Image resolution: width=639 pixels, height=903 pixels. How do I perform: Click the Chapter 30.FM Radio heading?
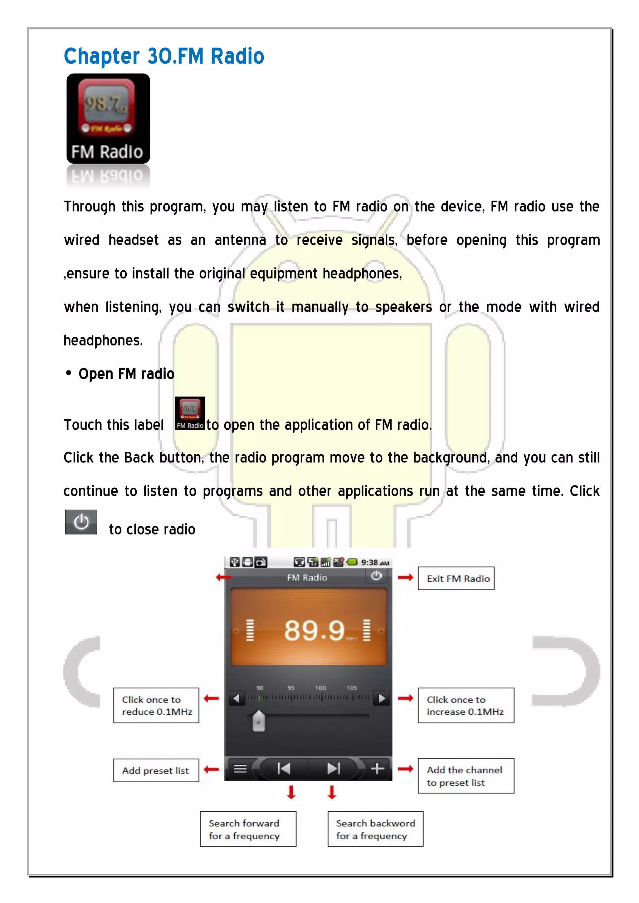click(164, 56)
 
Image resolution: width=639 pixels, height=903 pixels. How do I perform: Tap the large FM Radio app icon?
click(108, 118)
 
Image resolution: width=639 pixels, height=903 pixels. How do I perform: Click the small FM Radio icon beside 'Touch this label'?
click(190, 413)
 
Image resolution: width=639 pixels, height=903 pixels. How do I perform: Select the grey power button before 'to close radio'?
click(81, 522)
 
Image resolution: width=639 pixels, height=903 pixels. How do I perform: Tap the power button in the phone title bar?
click(376, 576)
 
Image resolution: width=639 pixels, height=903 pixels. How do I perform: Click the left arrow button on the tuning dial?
click(237, 698)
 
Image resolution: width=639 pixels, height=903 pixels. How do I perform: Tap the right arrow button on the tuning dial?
click(381, 698)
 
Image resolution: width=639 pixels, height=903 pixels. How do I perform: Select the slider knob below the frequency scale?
click(259, 721)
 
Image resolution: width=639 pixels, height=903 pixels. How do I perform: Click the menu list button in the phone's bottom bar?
click(240, 769)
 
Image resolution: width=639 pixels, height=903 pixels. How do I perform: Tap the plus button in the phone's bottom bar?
click(377, 769)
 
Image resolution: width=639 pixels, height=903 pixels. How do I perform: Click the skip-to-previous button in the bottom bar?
click(284, 769)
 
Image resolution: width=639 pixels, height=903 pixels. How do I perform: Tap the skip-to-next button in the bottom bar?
click(333, 769)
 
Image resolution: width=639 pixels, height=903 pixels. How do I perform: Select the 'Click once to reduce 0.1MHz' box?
click(156, 705)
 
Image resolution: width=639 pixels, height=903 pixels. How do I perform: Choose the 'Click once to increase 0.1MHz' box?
click(466, 705)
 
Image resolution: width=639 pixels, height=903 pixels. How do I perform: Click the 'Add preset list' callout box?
click(156, 770)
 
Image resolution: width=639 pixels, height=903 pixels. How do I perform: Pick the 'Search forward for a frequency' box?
click(248, 829)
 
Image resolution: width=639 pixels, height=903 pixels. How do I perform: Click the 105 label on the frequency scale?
click(351, 688)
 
